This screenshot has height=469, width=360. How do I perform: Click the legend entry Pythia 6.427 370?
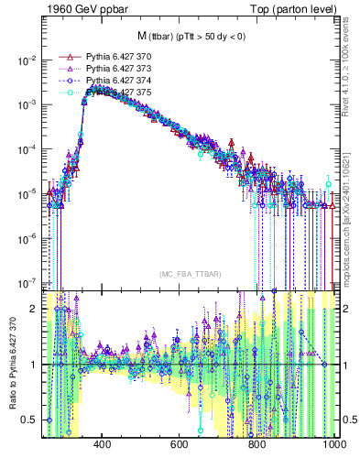pos(111,57)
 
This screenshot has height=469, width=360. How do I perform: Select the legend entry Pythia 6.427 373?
pos(111,69)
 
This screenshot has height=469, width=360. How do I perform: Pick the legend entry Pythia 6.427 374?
pos(111,81)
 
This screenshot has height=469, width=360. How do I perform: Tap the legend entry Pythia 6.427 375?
pos(111,93)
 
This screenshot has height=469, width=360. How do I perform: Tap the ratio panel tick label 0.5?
pos(29,420)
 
